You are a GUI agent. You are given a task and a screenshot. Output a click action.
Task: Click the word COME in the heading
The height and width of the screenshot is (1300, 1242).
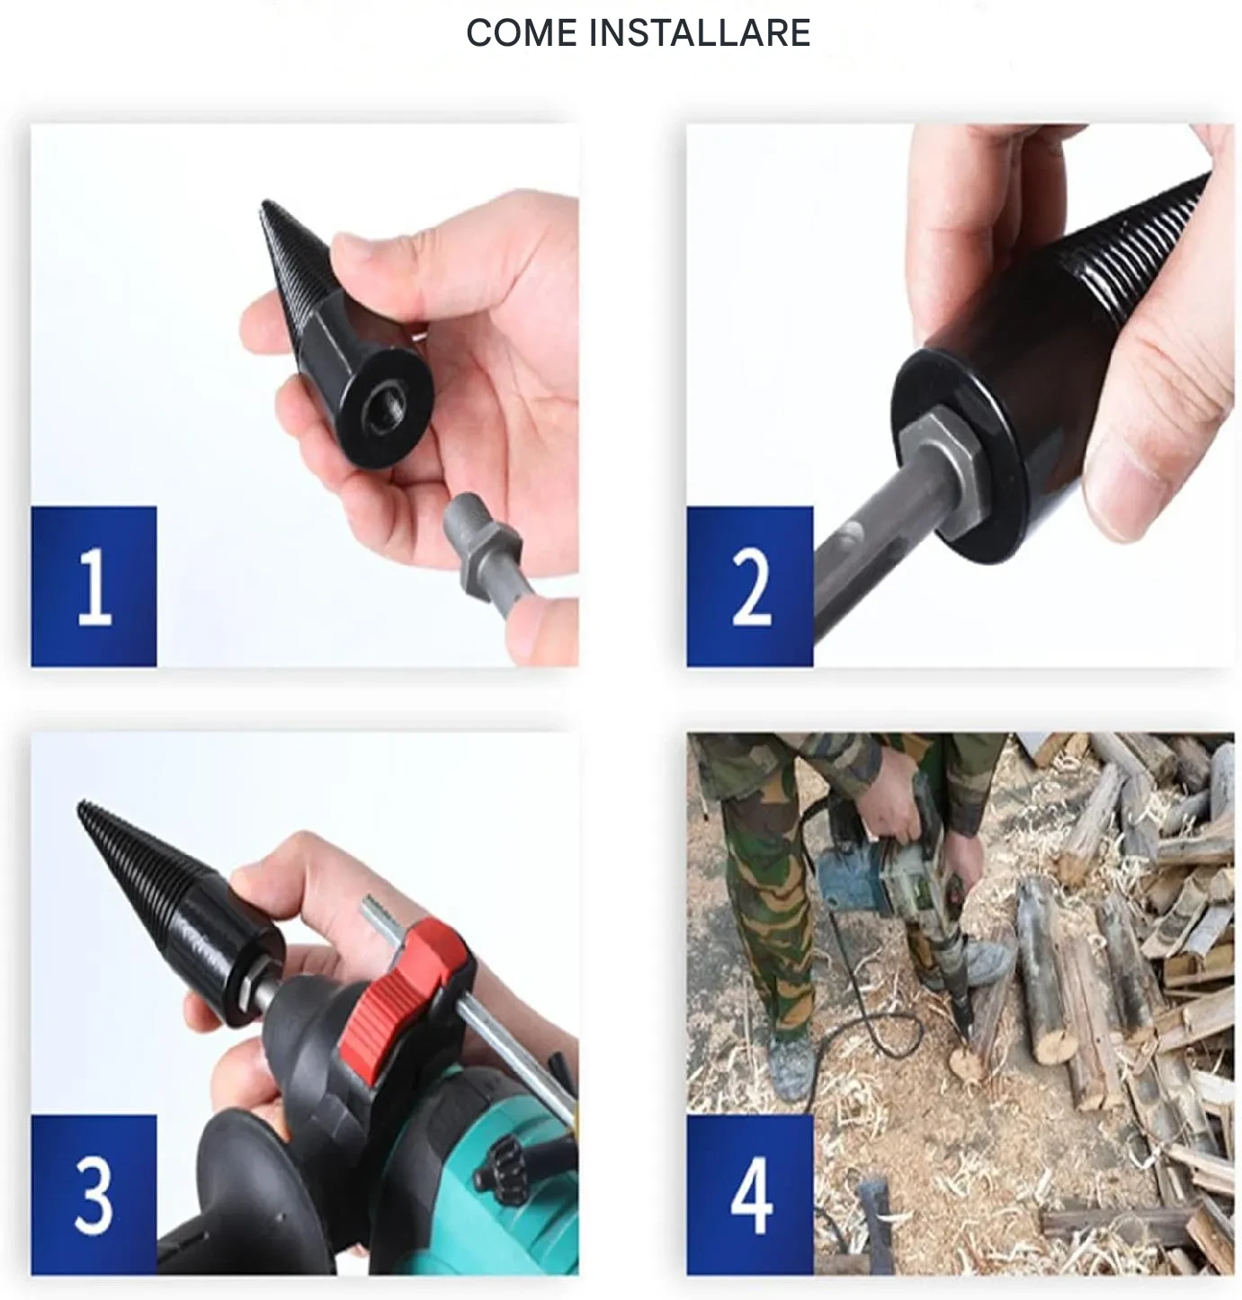[x=522, y=32]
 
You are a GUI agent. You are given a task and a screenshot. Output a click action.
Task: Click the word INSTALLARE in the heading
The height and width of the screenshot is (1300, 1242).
[x=700, y=32]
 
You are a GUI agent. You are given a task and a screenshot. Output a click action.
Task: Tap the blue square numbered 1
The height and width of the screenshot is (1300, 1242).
[x=94, y=586]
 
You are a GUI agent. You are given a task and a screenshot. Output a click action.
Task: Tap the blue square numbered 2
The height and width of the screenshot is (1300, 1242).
[x=750, y=586]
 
